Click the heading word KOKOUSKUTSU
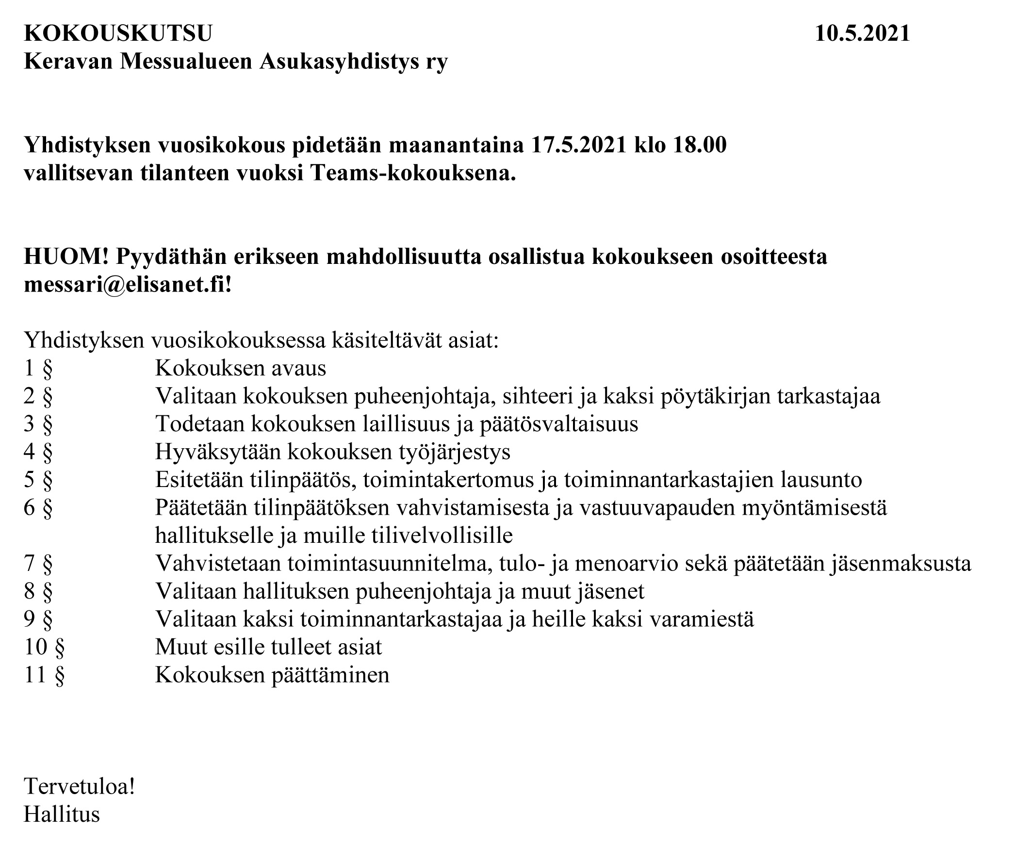click(118, 33)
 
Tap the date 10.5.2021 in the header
click(862, 33)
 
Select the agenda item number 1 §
click(38, 368)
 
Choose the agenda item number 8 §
click(38, 591)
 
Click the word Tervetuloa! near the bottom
click(80, 786)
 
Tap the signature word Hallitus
click(62, 814)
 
